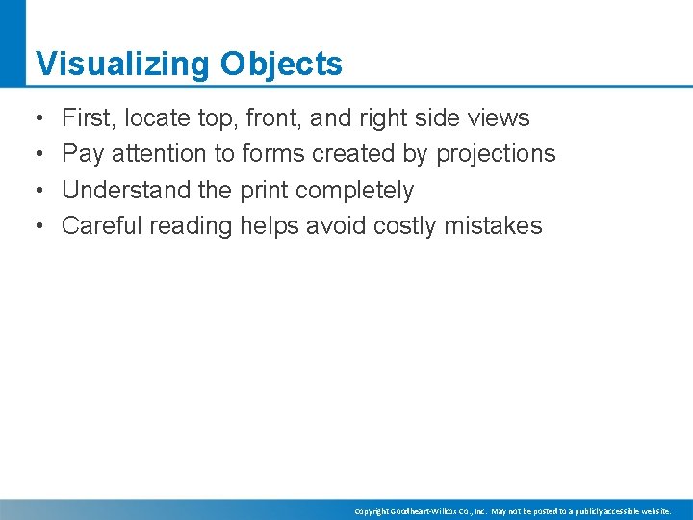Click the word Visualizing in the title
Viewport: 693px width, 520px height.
pyautogui.click(x=122, y=65)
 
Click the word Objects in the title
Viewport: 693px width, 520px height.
pyautogui.click(x=281, y=65)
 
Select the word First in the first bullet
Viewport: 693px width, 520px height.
pyautogui.click(x=86, y=118)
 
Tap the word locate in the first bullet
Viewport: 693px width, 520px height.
pyautogui.click(x=157, y=118)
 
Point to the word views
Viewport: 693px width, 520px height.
pyautogui.click(x=498, y=118)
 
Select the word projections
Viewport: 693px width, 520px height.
pyautogui.click(x=496, y=154)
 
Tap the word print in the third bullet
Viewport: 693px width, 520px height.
pyautogui.click(x=264, y=190)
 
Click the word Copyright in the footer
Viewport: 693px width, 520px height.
pyautogui.click(x=372, y=511)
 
